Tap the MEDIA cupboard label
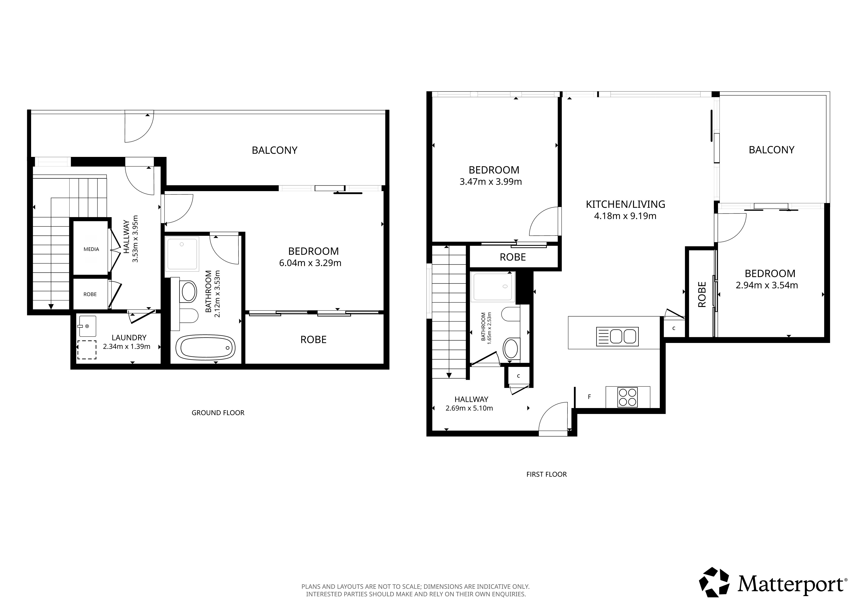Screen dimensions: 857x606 click(x=91, y=249)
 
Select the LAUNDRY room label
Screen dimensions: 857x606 click(x=129, y=338)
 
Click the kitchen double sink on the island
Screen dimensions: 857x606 click(x=617, y=336)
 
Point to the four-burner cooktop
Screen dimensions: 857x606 click(x=628, y=397)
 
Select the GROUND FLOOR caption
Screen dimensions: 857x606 click(x=218, y=413)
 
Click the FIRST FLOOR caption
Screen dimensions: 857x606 click(x=547, y=474)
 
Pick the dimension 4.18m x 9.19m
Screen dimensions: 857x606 click(x=625, y=216)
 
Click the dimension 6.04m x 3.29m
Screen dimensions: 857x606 click(x=310, y=263)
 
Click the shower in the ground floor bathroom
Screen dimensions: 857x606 click(x=182, y=254)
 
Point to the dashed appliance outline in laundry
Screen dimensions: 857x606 click(x=86, y=350)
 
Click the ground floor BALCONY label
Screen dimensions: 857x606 click(x=275, y=150)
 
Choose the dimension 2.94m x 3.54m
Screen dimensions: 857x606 click(x=767, y=285)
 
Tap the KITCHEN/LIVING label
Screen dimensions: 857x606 click(x=626, y=204)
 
